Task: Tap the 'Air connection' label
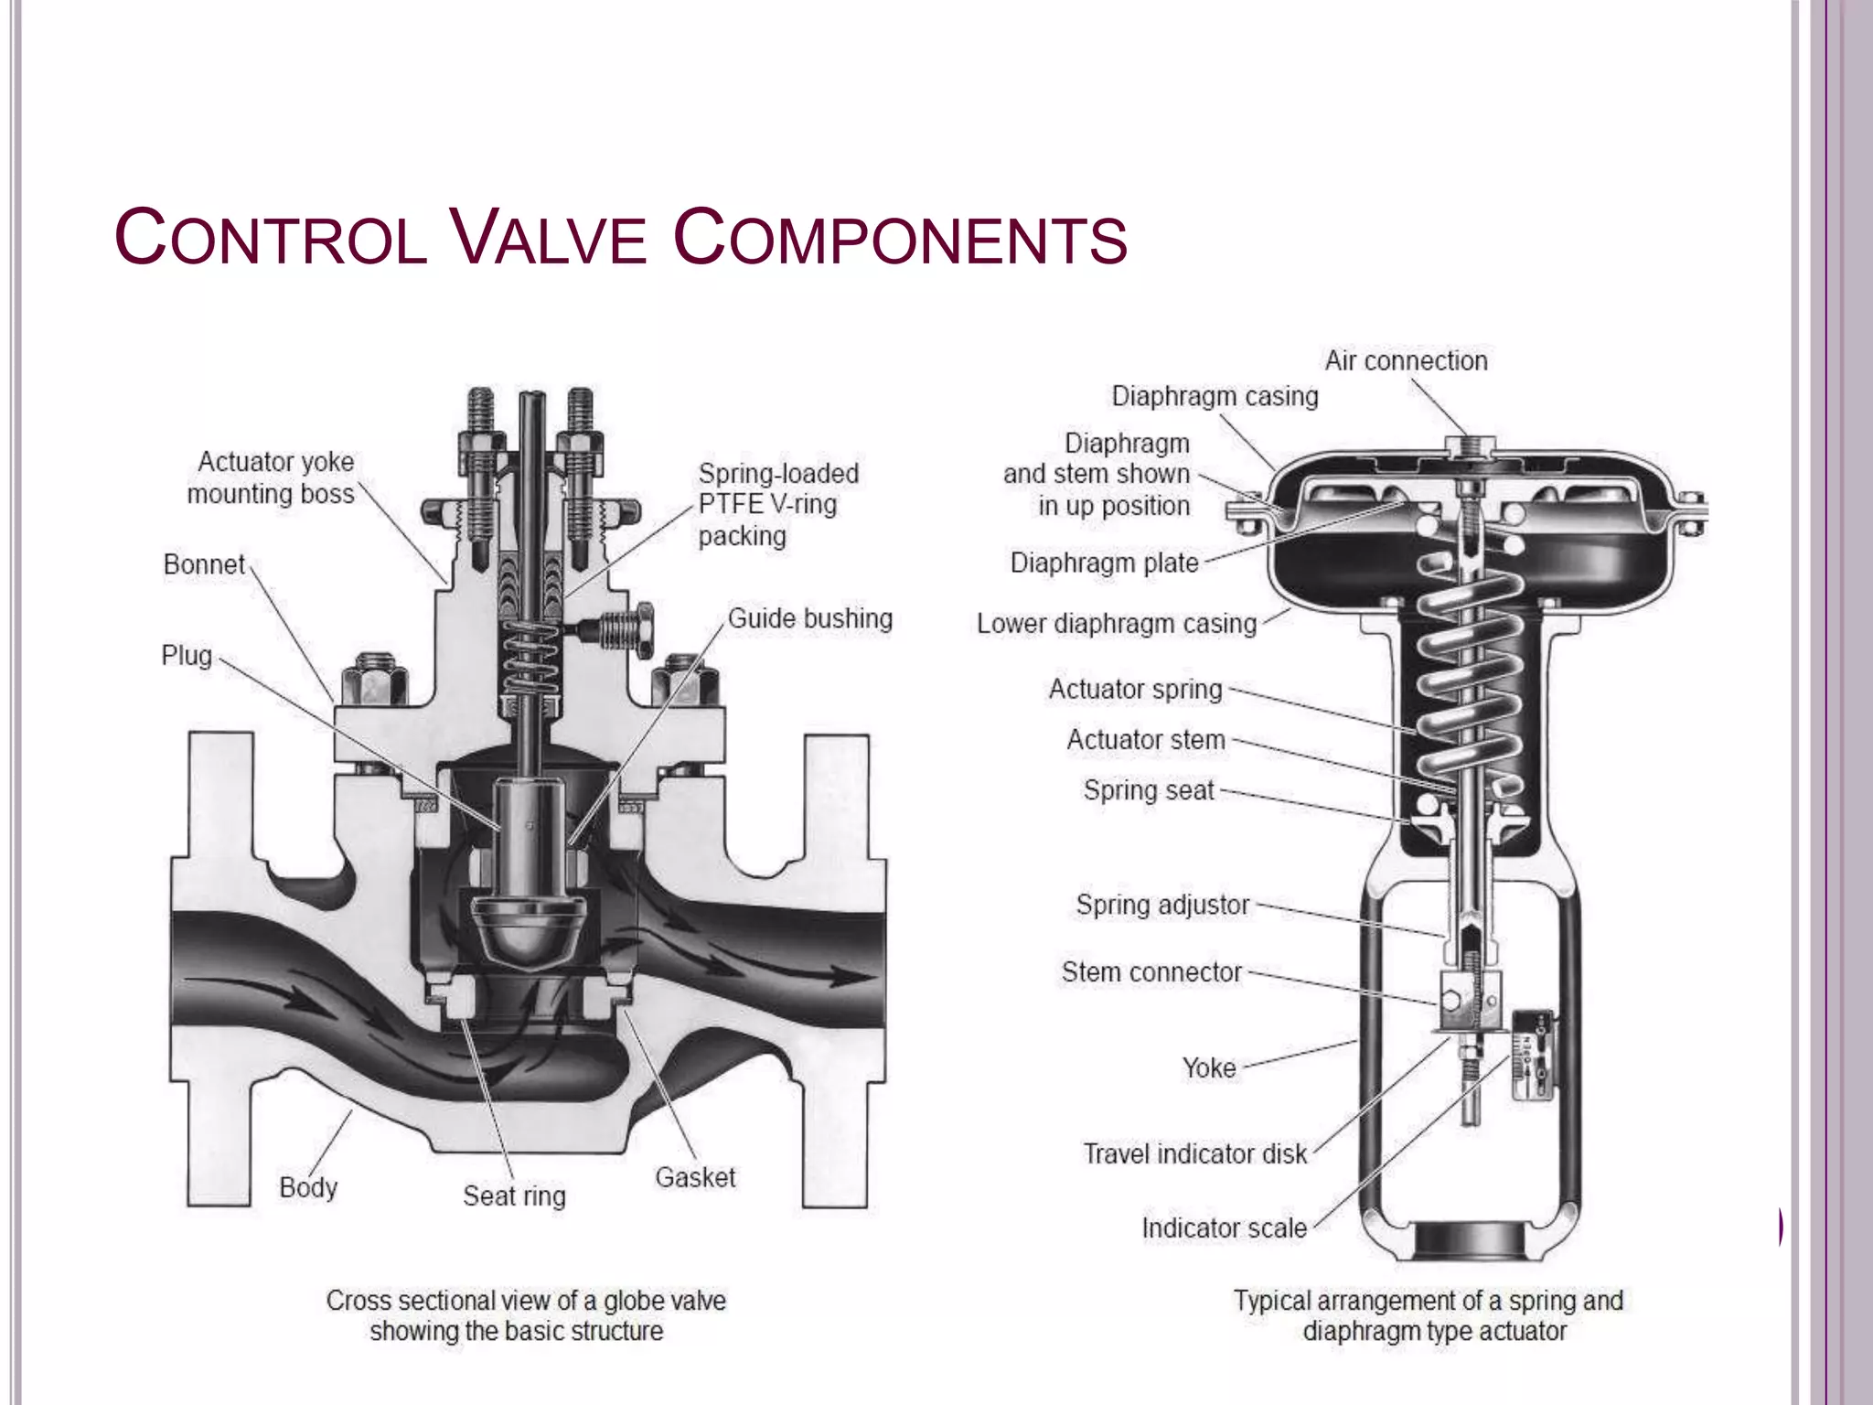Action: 1406,361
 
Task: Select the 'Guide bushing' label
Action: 809,618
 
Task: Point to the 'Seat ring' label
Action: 514,1196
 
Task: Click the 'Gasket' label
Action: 695,1177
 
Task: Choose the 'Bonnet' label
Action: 204,564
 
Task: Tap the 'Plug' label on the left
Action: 187,656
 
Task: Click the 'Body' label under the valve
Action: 308,1187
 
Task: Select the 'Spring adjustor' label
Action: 1161,905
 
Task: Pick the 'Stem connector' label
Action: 1151,971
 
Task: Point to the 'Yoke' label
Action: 1208,1067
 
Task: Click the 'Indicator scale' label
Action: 1224,1228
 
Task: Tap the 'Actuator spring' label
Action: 1135,689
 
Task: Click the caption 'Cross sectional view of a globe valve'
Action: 526,1301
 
